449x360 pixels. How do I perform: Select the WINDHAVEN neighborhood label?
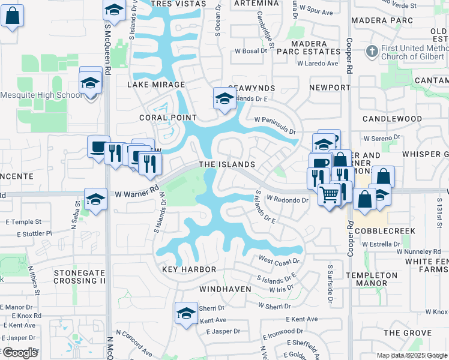tap(224, 289)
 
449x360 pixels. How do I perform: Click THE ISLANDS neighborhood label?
tap(227, 164)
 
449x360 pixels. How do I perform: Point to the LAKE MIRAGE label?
tap(155, 85)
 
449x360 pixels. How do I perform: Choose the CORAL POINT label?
tap(168, 118)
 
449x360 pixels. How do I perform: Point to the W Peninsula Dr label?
tap(276, 125)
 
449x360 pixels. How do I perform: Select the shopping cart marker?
tap(329, 194)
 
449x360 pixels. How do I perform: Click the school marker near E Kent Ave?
tap(186, 313)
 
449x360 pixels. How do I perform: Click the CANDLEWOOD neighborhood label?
tap(392, 119)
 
